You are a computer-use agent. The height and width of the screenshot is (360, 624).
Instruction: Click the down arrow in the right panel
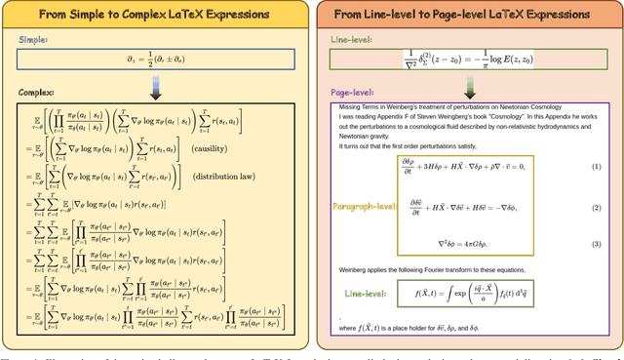[470, 86]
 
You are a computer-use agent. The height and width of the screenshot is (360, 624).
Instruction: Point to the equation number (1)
[596, 167]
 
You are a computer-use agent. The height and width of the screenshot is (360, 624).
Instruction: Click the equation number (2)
[596, 208]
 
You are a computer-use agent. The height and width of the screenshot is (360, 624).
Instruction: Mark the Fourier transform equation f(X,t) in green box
[470, 293]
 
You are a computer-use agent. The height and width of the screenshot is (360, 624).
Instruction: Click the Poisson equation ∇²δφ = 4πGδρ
[470, 241]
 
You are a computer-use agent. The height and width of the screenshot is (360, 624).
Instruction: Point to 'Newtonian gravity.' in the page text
[365, 137]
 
